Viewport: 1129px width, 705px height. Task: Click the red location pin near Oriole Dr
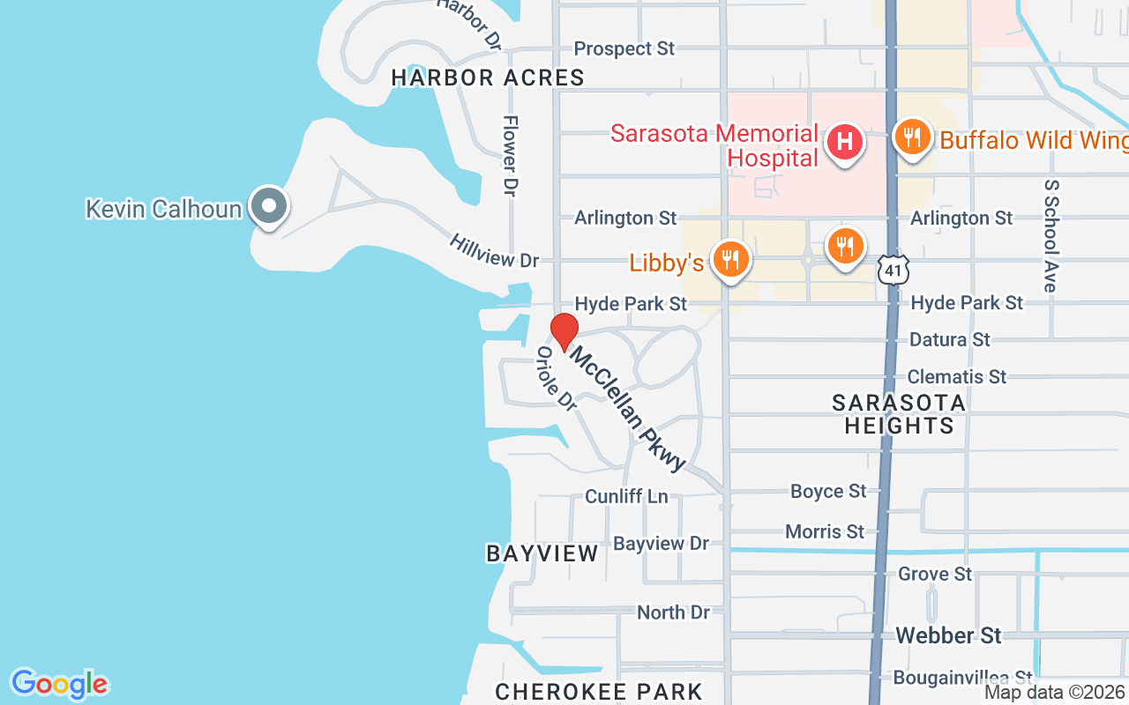point(564,332)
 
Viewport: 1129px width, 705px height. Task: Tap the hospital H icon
point(844,142)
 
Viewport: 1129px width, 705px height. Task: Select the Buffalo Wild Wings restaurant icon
point(913,137)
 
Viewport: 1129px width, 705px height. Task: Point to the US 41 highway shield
point(893,271)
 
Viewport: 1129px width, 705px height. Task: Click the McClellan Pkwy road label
point(627,407)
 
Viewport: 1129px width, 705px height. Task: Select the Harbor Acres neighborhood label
point(488,78)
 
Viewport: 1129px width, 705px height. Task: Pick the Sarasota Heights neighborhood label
point(899,414)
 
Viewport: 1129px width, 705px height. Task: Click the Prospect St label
point(624,48)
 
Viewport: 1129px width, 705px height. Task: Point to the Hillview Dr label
point(494,251)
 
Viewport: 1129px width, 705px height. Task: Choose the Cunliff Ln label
point(626,496)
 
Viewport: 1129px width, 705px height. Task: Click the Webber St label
point(948,635)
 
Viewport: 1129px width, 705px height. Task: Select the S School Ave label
point(1050,236)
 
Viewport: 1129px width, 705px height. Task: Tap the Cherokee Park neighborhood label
point(599,692)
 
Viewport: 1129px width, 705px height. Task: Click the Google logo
point(59,684)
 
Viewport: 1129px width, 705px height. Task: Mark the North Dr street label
point(673,612)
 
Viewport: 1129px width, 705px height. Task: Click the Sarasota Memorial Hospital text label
point(714,145)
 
